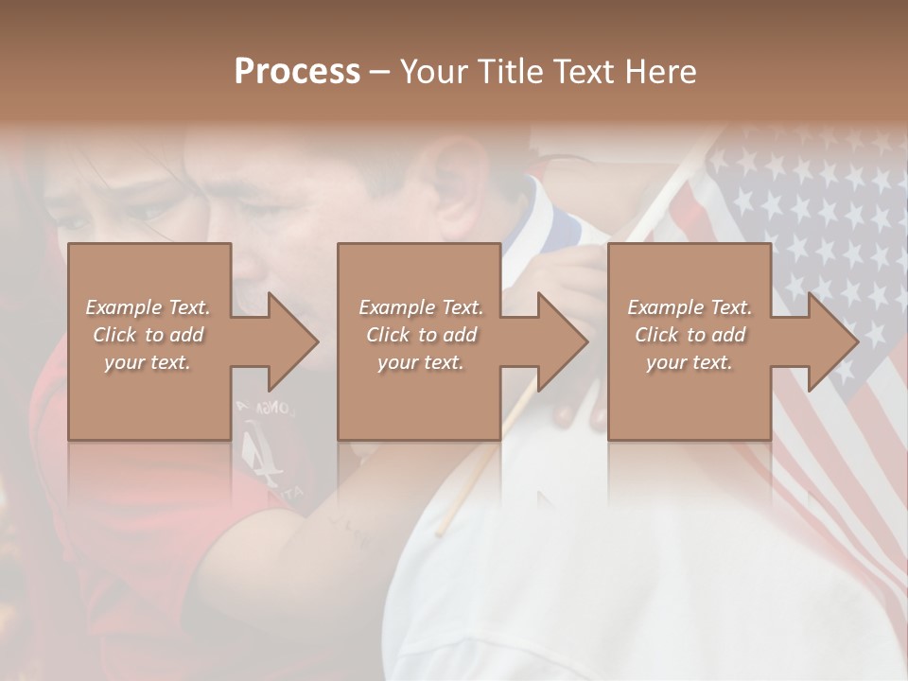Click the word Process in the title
tap(297, 72)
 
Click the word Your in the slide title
tap(432, 72)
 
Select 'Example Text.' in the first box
tap(148, 307)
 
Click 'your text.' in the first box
tap(148, 362)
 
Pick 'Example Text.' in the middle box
tap(421, 307)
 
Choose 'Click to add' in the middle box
tap(421, 335)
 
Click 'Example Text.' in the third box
tap(690, 307)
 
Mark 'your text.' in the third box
tap(690, 362)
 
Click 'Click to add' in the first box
tap(148, 335)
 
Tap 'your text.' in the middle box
tap(421, 362)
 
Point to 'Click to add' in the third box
tap(690, 335)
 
